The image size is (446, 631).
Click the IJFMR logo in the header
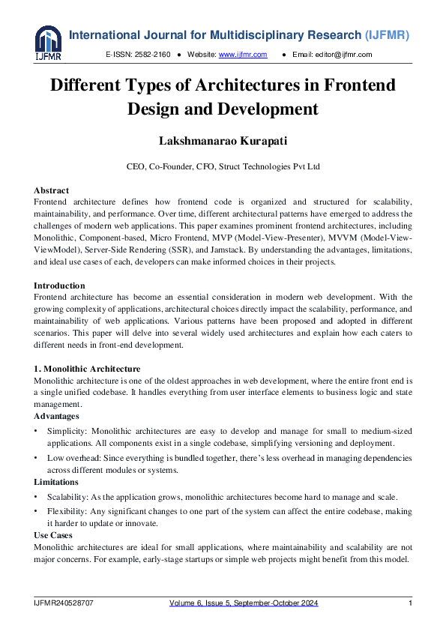click(48, 43)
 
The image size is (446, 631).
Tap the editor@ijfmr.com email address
click(343, 55)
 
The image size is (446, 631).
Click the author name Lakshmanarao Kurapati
click(223, 140)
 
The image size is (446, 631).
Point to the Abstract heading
click(51, 190)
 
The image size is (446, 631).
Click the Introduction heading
click(59, 286)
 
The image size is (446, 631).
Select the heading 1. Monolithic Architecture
click(87, 369)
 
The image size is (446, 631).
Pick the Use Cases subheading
click(55, 536)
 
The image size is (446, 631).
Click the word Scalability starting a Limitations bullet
click(67, 498)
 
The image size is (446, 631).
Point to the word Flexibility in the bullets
click(66, 512)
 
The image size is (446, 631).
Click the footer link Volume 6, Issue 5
click(200, 603)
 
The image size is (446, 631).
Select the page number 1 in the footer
click(410, 603)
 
